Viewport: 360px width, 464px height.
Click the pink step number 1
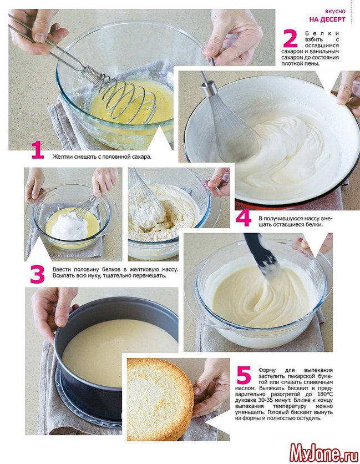pyautogui.click(x=38, y=150)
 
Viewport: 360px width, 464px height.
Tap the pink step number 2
pyautogui.click(x=290, y=38)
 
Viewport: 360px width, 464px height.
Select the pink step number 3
pyautogui.click(x=37, y=274)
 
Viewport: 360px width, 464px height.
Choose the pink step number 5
pyautogui.click(x=244, y=375)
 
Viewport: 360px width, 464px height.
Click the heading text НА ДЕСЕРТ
pyautogui.click(x=327, y=19)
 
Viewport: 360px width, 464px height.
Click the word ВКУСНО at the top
pyautogui.click(x=335, y=11)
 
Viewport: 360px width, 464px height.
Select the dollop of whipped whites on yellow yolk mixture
pyautogui.click(x=70, y=226)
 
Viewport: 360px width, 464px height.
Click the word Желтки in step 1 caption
pyautogui.click(x=62, y=157)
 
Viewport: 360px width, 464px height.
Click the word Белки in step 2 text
pyautogui.click(x=322, y=33)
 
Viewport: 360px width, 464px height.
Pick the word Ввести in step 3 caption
pyautogui.click(x=60, y=270)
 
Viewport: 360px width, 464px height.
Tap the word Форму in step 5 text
pyautogui.click(x=267, y=370)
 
